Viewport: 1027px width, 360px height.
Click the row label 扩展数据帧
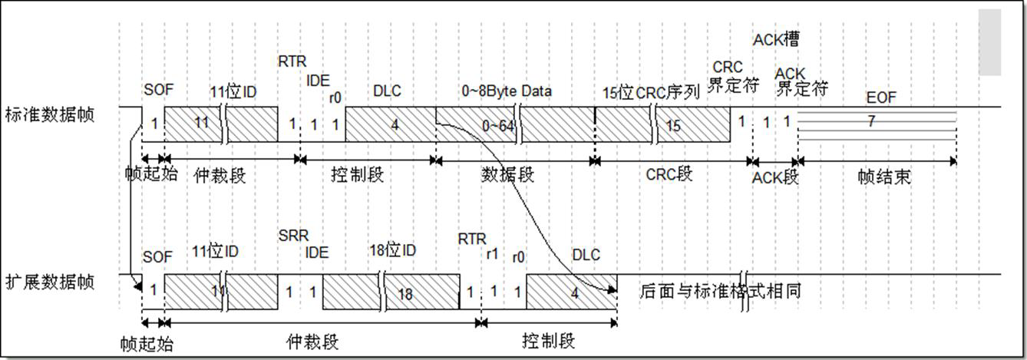pyautogui.click(x=49, y=282)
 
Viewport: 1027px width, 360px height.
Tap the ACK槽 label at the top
pyautogui.click(x=776, y=39)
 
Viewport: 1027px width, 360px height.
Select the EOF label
pyautogui.click(x=880, y=97)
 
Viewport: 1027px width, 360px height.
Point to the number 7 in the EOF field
pyautogui.click(x=871, y=121)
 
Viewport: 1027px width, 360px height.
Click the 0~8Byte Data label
pyautogui.click(x=507, y=91)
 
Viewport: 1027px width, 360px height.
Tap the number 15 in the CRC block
pyautogui.click(x=673, y=125)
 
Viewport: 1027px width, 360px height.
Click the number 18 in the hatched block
pyautogui.click(x=405, y=294)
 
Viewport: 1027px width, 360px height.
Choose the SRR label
pyautogui.click(x=292, y=236)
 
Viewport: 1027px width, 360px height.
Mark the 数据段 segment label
pyautogui.click(x=507, y=174)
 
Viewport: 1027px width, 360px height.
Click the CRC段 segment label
pyautogui.click(x=669, y=174)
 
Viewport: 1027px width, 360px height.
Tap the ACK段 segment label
pyautogui.click(x=775, y=177)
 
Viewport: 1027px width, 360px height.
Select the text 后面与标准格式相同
pyautogui.click(x=721, y=292)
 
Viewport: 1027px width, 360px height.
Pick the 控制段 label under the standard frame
pyautogui.click(x=357, y=174)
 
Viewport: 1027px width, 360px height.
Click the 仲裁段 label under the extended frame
pyautogui.click(x=312, y=340)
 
